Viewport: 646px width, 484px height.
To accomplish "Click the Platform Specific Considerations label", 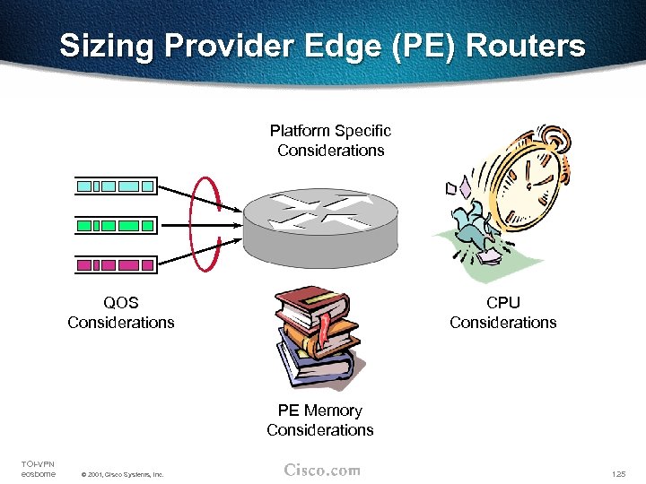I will [330, 141].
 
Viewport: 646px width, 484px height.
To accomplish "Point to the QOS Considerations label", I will [121, 312].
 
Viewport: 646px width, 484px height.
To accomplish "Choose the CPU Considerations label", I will [502, 312].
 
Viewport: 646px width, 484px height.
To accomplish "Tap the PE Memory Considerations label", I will [319, 419].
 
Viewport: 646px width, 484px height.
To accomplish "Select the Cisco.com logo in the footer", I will [321, 470].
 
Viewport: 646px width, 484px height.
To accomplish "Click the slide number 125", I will [617, 473].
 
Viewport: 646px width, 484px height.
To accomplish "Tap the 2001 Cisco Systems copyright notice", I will [122, 474].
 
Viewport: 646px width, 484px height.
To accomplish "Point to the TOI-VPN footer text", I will [37, 462].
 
